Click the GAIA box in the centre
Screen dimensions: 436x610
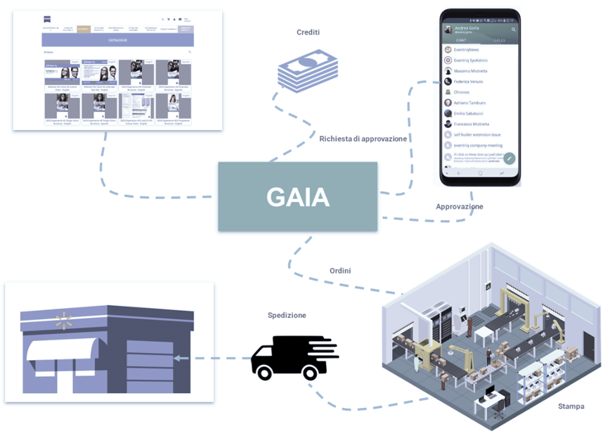coord(297,197)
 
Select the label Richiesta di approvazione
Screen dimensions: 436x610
coord(363,139)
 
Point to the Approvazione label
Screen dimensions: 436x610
coord(460,207)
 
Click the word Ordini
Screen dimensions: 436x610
coord(340,271)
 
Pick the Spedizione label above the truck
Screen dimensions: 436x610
coord(287,316)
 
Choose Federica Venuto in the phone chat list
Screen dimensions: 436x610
coord(468,82)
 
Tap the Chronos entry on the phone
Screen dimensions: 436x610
coord(461,92)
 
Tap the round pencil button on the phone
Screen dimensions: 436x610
coord(510,158)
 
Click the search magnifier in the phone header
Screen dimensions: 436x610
coord(514,30)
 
